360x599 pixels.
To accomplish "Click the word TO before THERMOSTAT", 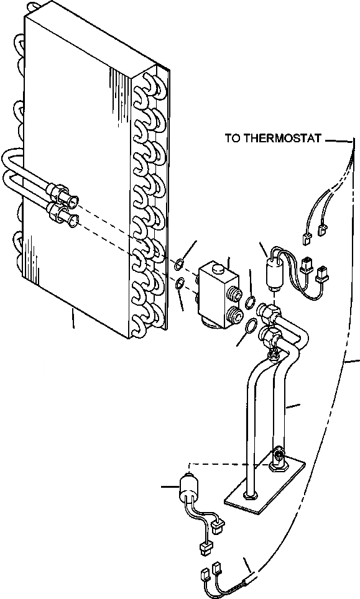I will click(x=232, y=138).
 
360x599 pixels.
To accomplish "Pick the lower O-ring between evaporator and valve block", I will click(x=179, y=284).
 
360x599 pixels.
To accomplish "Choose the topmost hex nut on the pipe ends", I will click(x=269, y=310).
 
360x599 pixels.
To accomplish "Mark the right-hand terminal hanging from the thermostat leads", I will click(x=322, y=232).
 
